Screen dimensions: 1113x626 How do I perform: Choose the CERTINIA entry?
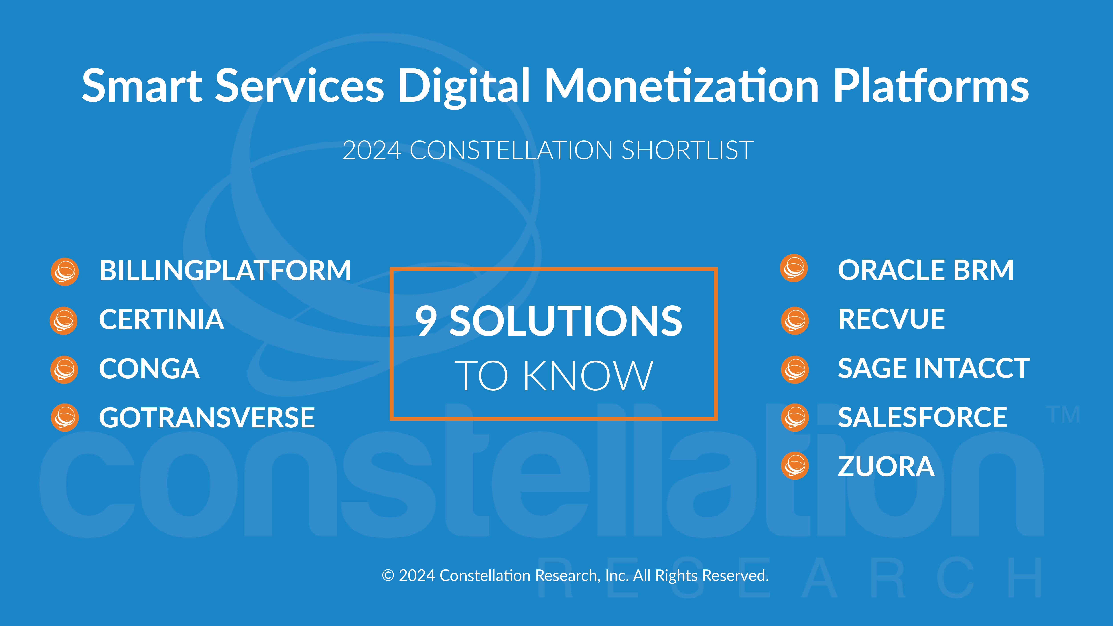pos(162,320)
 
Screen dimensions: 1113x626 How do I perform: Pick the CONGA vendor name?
pos(150,369)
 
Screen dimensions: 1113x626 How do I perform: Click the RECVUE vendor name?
pos(891,319)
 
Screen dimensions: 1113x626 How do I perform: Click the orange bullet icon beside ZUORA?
pos(795,466)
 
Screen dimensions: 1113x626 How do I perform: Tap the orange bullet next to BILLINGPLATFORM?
pos(65,272)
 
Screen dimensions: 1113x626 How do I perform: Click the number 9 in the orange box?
pos(426,320)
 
